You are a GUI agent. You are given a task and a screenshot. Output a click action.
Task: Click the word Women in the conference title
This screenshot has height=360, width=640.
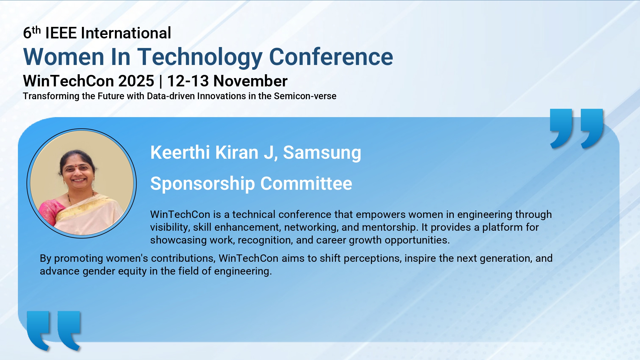pyautogui.click(x=64, y=57)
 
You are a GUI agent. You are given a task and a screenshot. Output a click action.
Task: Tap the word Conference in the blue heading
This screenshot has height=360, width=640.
pyautogui.click(x=331, y=57)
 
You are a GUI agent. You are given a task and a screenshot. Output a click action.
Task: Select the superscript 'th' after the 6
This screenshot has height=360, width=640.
pyautogui.click(x=36, y=30)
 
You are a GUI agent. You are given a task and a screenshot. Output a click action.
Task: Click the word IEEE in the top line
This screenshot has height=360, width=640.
pyautogui.click(x=61, y=33)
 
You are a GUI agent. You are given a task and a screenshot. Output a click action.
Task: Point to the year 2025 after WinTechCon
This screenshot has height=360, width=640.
pyautogui.click(x=136, y=81)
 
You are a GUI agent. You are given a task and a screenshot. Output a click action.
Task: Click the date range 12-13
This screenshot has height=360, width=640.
pyautogui.click(x=188, y=81)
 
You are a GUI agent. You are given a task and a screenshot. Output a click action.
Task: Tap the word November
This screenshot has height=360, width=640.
pyautogui.click(x=251, y=81)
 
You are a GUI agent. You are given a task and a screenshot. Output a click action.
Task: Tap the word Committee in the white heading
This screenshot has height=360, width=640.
pyautogui.click(x=306, y=184)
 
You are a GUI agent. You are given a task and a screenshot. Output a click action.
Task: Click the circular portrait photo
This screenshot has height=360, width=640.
pyautogui.click(x=82, y=183)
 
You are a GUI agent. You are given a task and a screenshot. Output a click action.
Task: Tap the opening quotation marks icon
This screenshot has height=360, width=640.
pyautogui.click(x=54, y=331)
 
